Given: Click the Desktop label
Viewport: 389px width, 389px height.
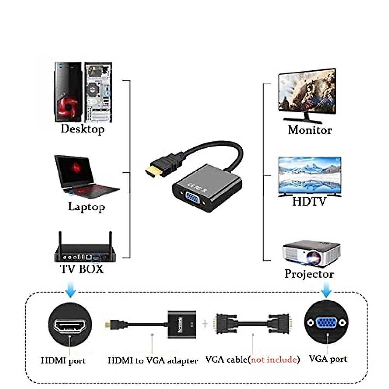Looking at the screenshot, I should coord(82,129).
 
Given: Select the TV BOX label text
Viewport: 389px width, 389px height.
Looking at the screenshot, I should coord(82,269).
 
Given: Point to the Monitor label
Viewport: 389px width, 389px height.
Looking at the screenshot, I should coord(310,130).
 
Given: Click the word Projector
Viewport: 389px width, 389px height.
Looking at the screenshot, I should coord(309,274).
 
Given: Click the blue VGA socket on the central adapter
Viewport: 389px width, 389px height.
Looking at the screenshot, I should coord(192,200).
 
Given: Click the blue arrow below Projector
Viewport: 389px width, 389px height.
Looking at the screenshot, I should coord(326,289).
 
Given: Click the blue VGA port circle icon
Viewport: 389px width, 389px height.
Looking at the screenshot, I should coord(327,322).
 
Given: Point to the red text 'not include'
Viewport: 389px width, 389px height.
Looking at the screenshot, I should coord(274,360).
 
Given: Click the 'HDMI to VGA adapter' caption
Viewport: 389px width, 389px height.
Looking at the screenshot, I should coord(152,360).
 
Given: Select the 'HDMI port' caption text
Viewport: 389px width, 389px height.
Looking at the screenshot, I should coord(63,360).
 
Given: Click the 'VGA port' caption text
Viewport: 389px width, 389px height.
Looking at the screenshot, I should coord(327,359).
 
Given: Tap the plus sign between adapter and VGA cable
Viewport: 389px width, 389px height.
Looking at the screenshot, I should coord(205,324).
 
